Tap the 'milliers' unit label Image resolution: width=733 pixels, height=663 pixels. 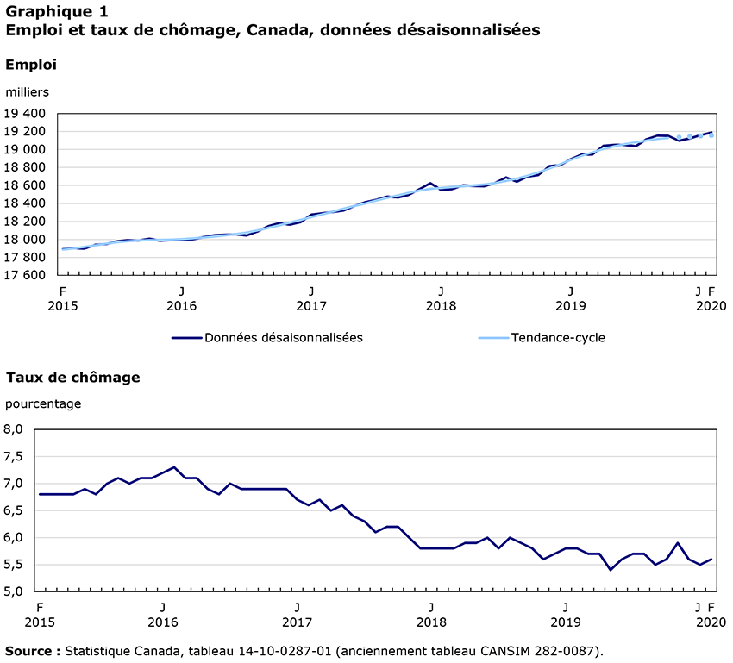[x=28, y=91]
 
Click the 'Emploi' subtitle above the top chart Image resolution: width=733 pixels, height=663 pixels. [x=30, y=65]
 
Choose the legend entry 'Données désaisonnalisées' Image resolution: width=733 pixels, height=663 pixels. [x=283, y=337]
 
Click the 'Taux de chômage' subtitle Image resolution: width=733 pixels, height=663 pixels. [x=72, y=377]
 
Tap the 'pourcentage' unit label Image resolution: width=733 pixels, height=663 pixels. [x=43, y=403]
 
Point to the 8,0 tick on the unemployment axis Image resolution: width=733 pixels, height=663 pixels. [x=16, y=429]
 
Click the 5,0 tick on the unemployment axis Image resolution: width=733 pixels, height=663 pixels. [x=16, y=592]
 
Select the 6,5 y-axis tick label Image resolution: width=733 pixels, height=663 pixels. [x=16, y=510]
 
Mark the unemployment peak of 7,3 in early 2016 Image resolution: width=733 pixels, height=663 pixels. [x=174, y=467]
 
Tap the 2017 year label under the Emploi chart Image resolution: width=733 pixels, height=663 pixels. [x=310, y=306]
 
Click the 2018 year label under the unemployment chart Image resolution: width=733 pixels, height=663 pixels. [x=431, y=622]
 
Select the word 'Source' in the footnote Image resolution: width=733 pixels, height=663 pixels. [x=29, y=648]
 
